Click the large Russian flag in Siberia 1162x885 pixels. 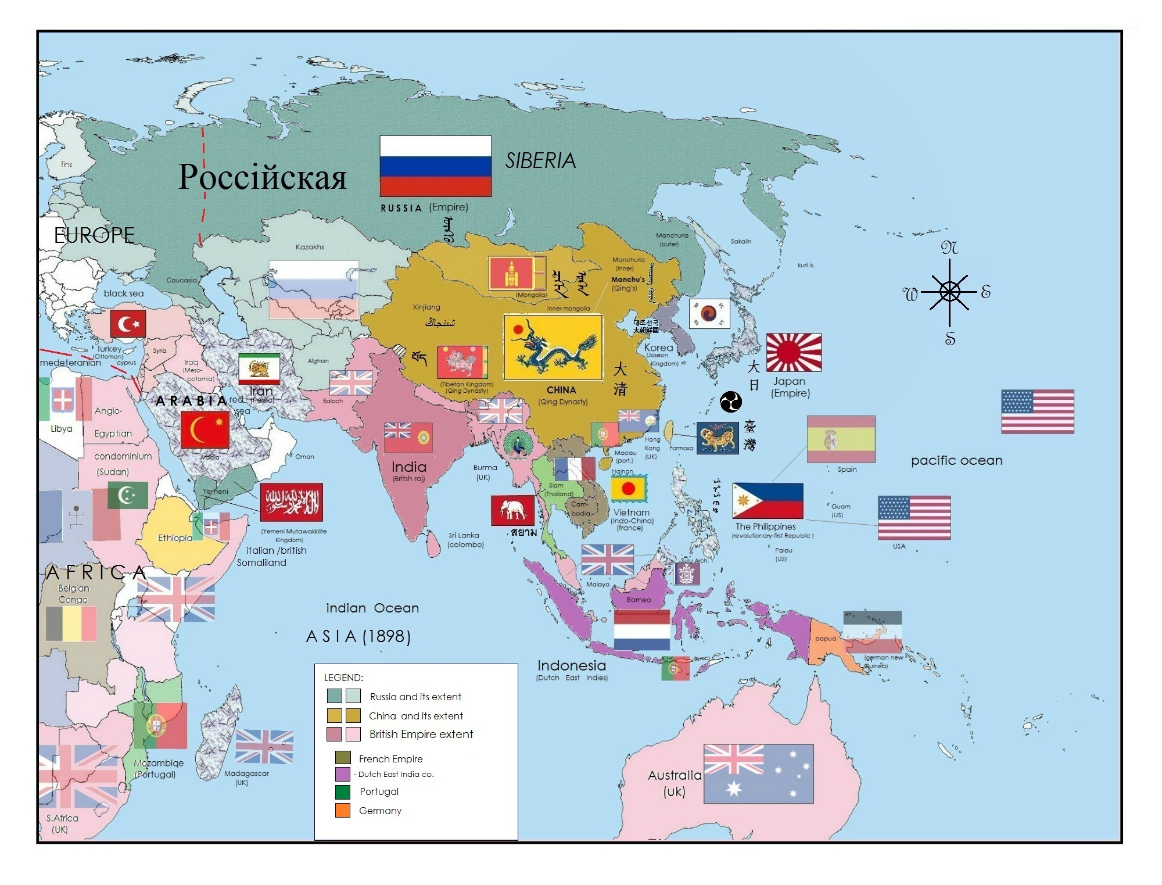pyautogui.click(x=435, y=166)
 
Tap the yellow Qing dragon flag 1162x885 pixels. pyautogui.click(x=553, y=347)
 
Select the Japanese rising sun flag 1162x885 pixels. pyautogui.click(x=794, y=352)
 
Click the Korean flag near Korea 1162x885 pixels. pyautogui.click(x=709, y=313)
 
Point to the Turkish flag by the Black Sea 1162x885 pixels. pyautogui.click(x=128, y=324)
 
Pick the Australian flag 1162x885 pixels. pyautogui.click(x=758, y=773)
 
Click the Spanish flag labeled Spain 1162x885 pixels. pyautogui.click(x=841, y=439)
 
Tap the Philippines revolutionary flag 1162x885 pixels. pyautogui.click(x=768, y=501)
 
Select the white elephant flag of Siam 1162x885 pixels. pyautogui.click(x=512, y=510)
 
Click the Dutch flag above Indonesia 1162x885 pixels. pyautogui.click(x=641, y=630)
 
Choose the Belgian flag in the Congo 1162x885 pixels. pyautogui.click(x=71, y=624)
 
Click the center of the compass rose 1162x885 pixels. pyautogui.click(x=949, y=292)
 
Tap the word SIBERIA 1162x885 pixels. pyautogui.click(x=540, y=161)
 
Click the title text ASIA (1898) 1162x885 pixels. pyautogui.click(x=358, y=636)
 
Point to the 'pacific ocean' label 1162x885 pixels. pyautogui.click(x=956, y=460)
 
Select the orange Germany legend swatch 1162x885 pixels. pyautogui.click(x=343, y=810)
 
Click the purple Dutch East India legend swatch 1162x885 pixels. pyautogui.click(x=343, y=774)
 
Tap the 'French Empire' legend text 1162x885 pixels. pyautogui.click(x=390, y=759)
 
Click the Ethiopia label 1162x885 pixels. pyautogui.click(x=175, y=538)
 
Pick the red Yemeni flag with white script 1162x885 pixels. pyautogui.click(x=291, y=502)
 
